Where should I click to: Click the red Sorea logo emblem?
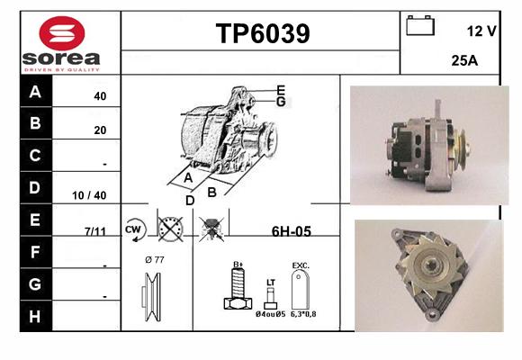[62, 33]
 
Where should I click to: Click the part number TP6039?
[263, 33]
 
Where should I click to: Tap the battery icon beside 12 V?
[420, 25]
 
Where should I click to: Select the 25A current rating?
[464, 60]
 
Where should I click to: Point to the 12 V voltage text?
[481, 31]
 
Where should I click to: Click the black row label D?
[35, 187]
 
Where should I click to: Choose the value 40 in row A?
[100, 96]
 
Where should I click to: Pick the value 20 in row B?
[100, 130]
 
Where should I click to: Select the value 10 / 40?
[89, 195]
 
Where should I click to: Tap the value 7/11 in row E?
[95, 231]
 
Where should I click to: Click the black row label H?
[35, 317]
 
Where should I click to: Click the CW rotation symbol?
[134, 229]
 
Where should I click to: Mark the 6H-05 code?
[292, 231]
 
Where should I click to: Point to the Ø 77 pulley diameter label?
[155, 260]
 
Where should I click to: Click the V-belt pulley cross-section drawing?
[152, 297]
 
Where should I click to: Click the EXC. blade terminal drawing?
[301, 289]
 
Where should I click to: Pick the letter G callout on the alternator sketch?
[281, 102]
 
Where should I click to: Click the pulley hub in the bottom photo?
[430, 265]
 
